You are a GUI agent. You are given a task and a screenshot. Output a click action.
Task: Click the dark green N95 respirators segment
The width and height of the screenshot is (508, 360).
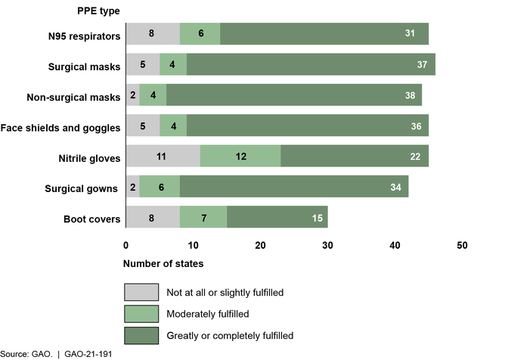[324, 33]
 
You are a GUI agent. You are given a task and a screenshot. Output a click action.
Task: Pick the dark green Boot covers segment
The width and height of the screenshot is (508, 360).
[277, 219]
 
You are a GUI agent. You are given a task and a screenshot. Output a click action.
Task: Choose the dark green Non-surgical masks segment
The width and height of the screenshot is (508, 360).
[288, 96]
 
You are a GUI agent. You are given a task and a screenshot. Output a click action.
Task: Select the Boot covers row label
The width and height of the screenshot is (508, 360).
[93, 219]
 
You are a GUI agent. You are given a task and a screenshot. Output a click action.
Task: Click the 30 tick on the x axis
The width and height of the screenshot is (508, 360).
[327, 246]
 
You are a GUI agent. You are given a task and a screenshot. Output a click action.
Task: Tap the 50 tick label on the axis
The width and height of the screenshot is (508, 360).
[462, 246]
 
